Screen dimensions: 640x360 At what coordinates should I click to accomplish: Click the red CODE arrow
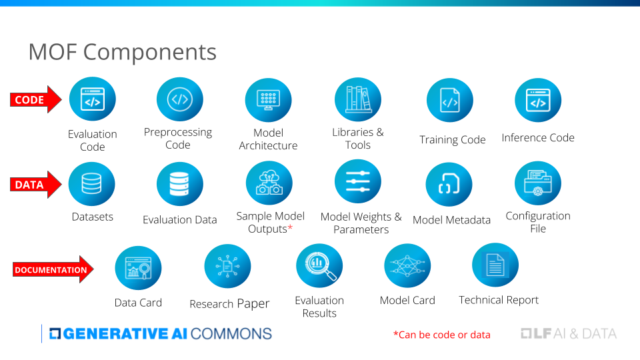pyautogui.click(x=36, y=99)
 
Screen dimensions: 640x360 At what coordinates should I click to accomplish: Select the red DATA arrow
pyautogui.click(x=36, y=185)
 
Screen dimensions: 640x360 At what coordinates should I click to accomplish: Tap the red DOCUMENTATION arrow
pyautogui.click(x=53, y=269)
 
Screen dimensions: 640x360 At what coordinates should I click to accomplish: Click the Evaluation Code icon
pyautogui.click(x=93, y=99)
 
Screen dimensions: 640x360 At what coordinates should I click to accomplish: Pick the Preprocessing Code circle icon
pyautogui.click(x=179, y=99)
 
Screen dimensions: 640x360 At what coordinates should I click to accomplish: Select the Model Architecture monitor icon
pyautogui.click(x=268, y=100)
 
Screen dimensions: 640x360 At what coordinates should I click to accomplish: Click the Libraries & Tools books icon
pyautogui.click(x=358, y=99)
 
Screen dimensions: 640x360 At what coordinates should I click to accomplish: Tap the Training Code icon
pyautogui.click(x=450, y=100)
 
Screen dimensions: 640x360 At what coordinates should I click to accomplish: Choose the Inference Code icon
pyautogui.click(x=538, y=100)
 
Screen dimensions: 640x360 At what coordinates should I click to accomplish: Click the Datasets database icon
pyautogui.click(x=92, y=184)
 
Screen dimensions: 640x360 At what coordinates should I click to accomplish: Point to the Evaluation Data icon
pyautogui.click(x=179, y=184)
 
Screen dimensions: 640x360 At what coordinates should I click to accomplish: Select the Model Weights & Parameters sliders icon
pyautogui.click(x=358, y=181)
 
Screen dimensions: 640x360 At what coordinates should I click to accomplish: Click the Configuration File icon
pyautogui.click(x=538, y=183)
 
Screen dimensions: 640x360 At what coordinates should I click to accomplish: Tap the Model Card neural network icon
pyautogui.click(x=407, y=266)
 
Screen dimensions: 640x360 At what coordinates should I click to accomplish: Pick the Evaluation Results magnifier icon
pyautogui.click(x=319, y=266)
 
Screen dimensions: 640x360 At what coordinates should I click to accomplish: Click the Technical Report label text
pyautogui.click(x=499, y=300)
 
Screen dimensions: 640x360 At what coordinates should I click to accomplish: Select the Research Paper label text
pyautogui.click(x=229, y=304)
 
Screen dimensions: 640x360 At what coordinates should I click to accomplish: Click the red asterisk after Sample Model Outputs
pyautogui.click(x=290, y=227)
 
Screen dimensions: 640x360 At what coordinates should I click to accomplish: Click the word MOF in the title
pyautogui.click(x=53, y=52)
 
